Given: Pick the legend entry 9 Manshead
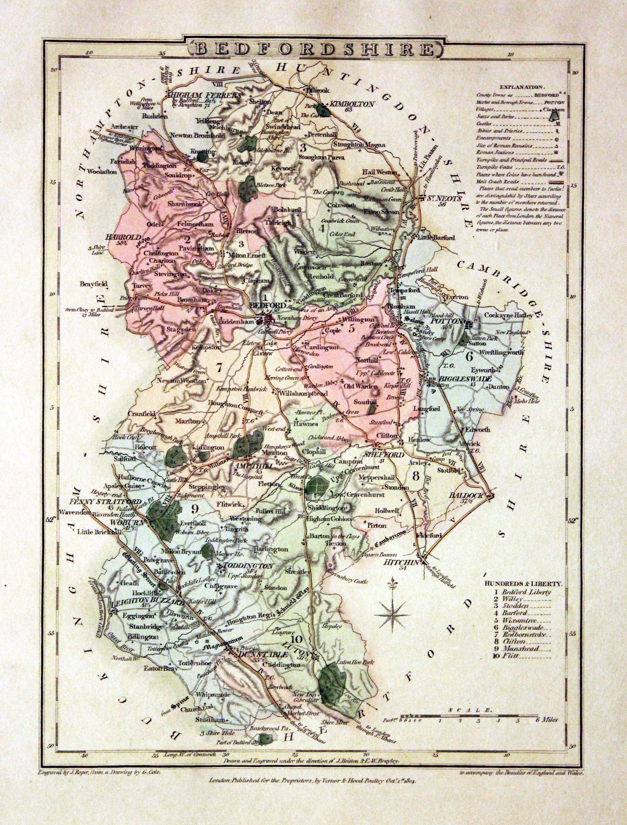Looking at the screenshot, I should [520, 648].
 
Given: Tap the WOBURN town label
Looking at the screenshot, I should [131, 523].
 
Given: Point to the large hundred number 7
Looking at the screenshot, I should [219, 367].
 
